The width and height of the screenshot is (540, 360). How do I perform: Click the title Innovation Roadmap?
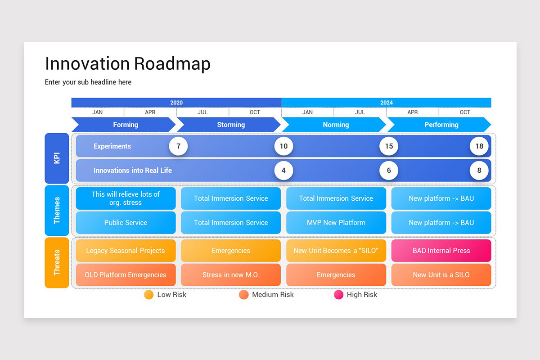pyautogui.click(x=127, y=64)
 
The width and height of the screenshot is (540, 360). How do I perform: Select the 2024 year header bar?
pyautogui.click(x=386, y=103)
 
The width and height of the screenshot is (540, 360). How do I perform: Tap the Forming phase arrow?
pyautogui.click(x=124, y=125)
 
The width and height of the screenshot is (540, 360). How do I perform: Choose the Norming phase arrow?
pyautogui.click(x=335, y=125)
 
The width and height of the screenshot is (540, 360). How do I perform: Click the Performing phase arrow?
pyautogui.click(x=440, y=125)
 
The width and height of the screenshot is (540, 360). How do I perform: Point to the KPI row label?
pyautogui.click(x=57, y=158)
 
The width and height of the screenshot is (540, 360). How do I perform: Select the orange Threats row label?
pyautogui.click(x=57, y=262)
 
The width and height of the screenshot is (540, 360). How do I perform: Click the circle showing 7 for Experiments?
pyautogui.click(x=178, y=146)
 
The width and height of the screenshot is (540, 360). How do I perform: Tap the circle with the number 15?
pyautogui.click(x=389, y=146)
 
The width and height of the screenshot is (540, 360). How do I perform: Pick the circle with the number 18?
pyautogui.click(x=479, y=146)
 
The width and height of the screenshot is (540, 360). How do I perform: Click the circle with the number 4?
pyautogui.click(x=283, y=171)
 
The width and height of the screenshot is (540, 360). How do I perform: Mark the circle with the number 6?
pyautogui.click(x=389, y=171)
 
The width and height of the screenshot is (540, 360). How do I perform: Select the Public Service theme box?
pyautogui.click(x=126, y=223)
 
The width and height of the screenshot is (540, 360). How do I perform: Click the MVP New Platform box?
pyautogui.click(x=336, y=223)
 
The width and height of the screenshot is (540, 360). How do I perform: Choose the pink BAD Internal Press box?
pyautogui.click(x=441, y=251)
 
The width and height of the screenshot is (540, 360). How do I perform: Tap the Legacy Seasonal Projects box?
pyautogui.click(x=126, y=251)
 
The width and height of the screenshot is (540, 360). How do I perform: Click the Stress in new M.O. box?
pyautogui.click(x=231, y=275)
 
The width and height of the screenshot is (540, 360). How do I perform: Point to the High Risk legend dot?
pyautogui.click(x=338, y=295)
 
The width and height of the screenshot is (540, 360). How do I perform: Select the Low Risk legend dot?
pyautogui.click(x=149, y=295)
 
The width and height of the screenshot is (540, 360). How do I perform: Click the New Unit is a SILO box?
pyautogui.click(x=441, y=275)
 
